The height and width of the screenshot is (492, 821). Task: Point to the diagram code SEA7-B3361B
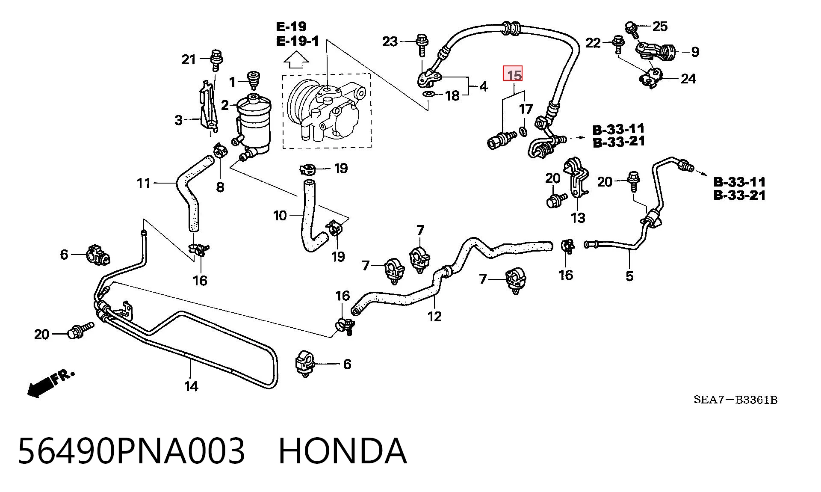click(x=735, y=400)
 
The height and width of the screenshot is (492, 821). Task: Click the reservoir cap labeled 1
click(x=254, y=80)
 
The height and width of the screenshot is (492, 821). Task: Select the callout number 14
click(x=191, y=386)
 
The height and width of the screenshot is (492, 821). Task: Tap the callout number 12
click(x=434, y=316)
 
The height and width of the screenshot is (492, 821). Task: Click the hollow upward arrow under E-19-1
click(x=296, y=59)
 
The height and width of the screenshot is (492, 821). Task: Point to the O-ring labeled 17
click(x=523, y=130)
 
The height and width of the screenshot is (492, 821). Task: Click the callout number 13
click(x=578, y=218)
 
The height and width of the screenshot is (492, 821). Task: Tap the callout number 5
click(x=629, y=276)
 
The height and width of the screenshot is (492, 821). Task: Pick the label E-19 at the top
click(x=291, y=27)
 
